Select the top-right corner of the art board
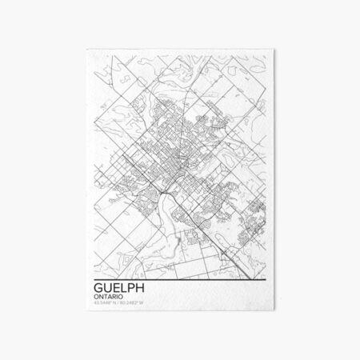tap(275, 49)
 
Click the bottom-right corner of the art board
tap(275, 314)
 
